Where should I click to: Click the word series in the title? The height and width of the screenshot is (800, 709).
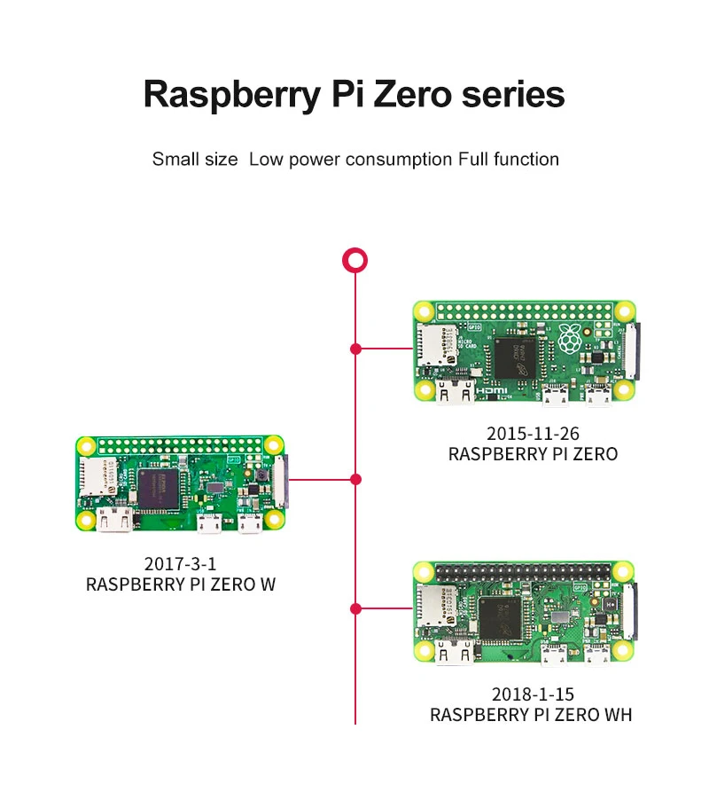click(x=513, y=92)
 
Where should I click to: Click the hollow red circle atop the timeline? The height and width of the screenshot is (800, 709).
click(x=354, y=260)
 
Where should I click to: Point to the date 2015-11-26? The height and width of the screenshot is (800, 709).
click(x=533, y=434)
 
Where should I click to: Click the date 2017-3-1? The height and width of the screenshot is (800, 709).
click(x=180, y=564)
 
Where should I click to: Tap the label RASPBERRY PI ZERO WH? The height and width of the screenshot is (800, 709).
click(x=531, y=715)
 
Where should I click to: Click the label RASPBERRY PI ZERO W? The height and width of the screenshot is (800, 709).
click(x=180, y=585)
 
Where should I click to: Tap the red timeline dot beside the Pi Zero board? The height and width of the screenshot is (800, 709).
click(x=355, y=349)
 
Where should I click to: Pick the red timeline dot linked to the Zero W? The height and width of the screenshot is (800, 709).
click(x=355, y=480)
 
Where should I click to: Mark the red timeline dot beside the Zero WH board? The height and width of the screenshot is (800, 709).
click(x=355, y=608)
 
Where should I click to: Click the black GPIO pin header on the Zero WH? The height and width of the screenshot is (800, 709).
click(x=524, y=569)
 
